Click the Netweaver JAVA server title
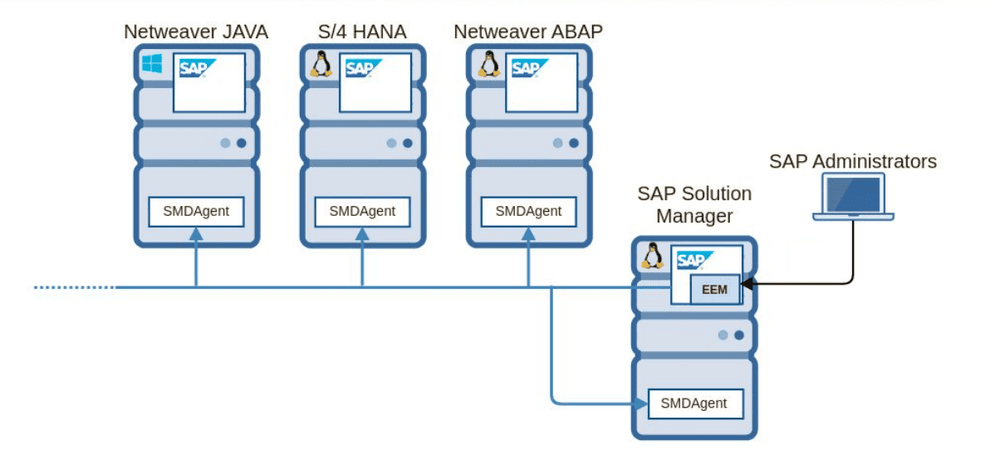click(x=196, y=32)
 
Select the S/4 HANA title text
click(x=362, y=32)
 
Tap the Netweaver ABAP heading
click(x=528, y=32)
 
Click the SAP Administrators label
click(x=852, y=161)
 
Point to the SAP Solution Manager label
click(x=694, y=204)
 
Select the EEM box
click(x=714, y=291)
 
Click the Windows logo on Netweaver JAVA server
click(x=151, y=65)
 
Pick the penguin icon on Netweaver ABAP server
click(x=487, y=65)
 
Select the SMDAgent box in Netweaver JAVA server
click(x=196, y=211)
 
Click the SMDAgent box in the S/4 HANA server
click(x=362, y=211)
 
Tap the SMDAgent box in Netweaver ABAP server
click(x=528, y=211)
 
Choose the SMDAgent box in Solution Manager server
click(x=694, y=404)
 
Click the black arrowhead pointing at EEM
click(x=746, y=284)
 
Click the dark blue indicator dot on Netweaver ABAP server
click(x=573, y=143)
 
